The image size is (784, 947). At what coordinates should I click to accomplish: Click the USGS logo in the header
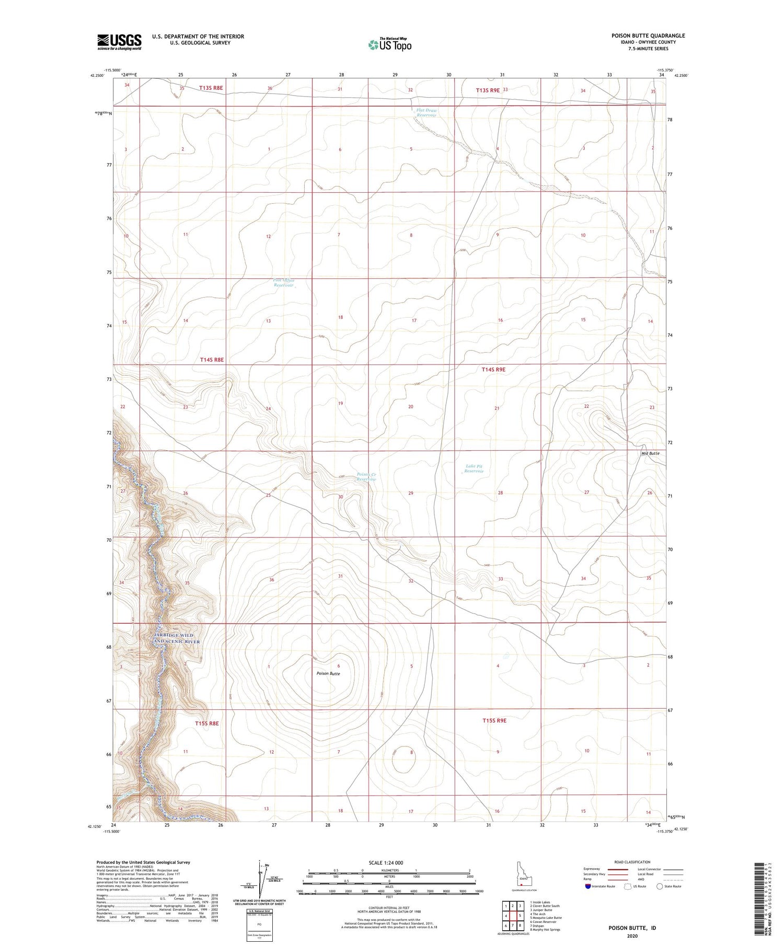click(119, 42)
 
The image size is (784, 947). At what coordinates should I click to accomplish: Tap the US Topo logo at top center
click(389, 45)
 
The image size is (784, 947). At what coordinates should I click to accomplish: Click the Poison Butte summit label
click(328, 673)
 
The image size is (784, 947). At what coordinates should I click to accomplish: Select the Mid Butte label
click(650, 453)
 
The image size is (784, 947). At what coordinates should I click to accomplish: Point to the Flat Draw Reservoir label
click(426, 113)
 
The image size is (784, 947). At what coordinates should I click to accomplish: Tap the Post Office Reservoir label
click(284, 283)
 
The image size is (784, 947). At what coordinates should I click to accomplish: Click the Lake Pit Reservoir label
click(474, 469)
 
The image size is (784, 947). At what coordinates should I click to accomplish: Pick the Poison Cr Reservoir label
click(366, 477)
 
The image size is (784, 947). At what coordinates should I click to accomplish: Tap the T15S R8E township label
click(206, 723)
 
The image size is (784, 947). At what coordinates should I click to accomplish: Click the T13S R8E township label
click(211, 88)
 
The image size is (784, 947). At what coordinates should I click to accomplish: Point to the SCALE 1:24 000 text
click(386, 862)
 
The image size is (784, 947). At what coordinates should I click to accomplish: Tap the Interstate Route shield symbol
click(589, 886)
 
